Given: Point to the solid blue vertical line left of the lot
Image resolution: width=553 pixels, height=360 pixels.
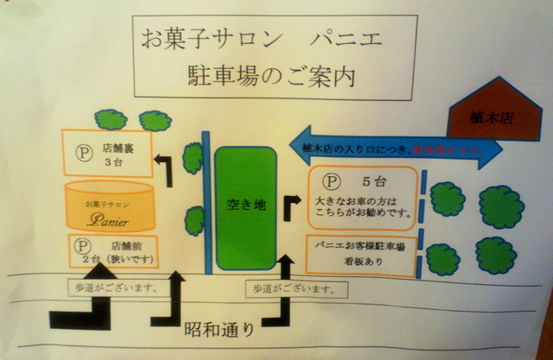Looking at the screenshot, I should [x=207, y=199].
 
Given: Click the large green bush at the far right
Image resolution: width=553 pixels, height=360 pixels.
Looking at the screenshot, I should [x=502, y=207].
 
